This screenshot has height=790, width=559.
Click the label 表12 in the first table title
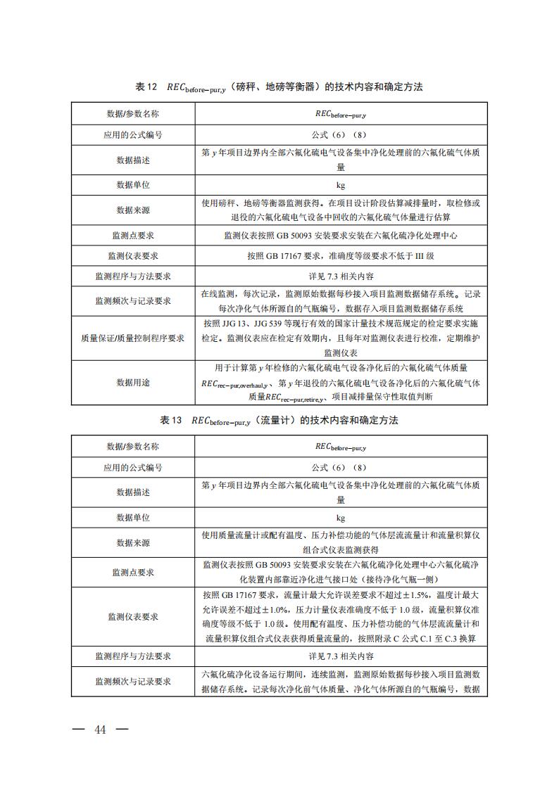click(x=146, y=87)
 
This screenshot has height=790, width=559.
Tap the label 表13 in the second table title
click(x=171, y=420)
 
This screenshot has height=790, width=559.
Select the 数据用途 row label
click(x=132, y=382)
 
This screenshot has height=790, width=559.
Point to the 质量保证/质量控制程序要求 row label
click(x=132, y=338)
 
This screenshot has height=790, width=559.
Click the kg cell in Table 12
click(x=340, y=185)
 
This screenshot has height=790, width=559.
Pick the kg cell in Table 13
click(x=340, y=518)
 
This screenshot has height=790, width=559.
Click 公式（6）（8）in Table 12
click(x=340, y=134)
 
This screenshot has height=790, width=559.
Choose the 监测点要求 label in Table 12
click(x=132, y=236)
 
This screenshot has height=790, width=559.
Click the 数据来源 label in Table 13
click(x=132, y=542)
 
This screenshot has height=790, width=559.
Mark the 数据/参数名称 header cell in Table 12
click(x=132, y=114)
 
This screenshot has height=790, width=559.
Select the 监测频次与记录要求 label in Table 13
click(x=132, y=682)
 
